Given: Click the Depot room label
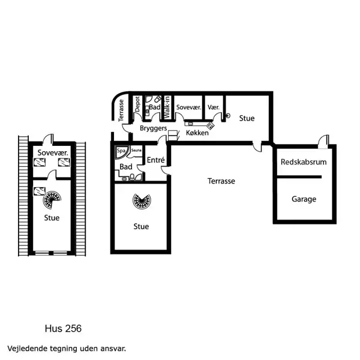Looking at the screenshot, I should [137, 104].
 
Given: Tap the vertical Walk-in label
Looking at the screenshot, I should [167, 106].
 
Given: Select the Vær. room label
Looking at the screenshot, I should [214, 107].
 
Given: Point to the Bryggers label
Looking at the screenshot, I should [152, 128].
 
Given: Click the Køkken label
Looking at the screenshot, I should [197, 133].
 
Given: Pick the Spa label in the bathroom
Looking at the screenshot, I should [121, 151].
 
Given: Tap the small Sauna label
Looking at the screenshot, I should [136, 151].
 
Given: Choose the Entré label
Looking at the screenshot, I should [156, 160].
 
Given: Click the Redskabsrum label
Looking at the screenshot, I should [304, 163].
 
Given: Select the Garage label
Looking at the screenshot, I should [304, 199].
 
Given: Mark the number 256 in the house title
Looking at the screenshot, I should [71, 329].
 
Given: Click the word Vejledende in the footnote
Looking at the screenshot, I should [27, 348].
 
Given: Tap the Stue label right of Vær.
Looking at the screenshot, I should [247, 118].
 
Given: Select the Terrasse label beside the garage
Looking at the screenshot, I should [221, 181].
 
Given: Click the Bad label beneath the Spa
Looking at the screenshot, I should [126, 166].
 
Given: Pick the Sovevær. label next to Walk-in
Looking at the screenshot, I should [188, 107].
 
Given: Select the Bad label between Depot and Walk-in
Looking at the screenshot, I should [154, 107].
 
